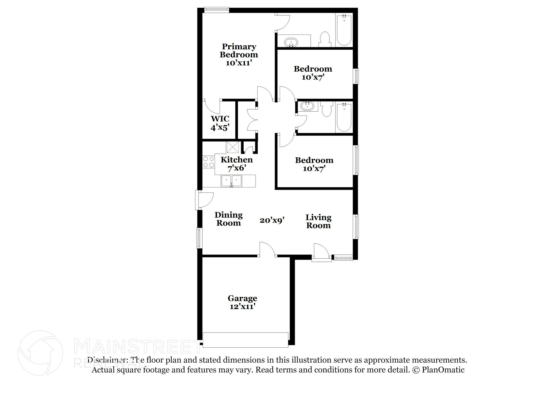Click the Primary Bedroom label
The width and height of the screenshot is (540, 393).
pyautogui.click(x=239, y=54)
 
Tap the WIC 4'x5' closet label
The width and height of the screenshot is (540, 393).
pyautogui.click(x=220, y=123)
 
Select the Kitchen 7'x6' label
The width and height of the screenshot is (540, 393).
pyautogui.click(x=237, y=163)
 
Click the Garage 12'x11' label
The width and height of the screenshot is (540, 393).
pyautogui.click(x=242, y=302)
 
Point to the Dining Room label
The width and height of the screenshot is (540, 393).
pyautogui.click(x=229, y=219)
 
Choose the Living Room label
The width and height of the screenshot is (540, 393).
pyautogui.click(x=318, y=221)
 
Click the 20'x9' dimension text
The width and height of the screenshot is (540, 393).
pyautogui.click(x=272, y=220)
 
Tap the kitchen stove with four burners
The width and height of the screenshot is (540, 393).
pyautogui.click(x=208, y=162)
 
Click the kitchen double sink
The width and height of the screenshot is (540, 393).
pyautogui.click(x=231, y=181)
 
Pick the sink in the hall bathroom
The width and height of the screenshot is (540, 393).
pyautogui.click(x=307, y=106)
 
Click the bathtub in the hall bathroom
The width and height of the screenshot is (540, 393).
pyautogui.click(x=344, y=117)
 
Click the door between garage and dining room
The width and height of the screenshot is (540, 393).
pyautogui.click(x=267, y=250)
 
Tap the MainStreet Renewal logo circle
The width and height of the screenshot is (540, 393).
pyautogui.click(x=40, y=353)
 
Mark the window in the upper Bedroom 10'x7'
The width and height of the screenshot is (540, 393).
pyautogui.click(x=356, y=76)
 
